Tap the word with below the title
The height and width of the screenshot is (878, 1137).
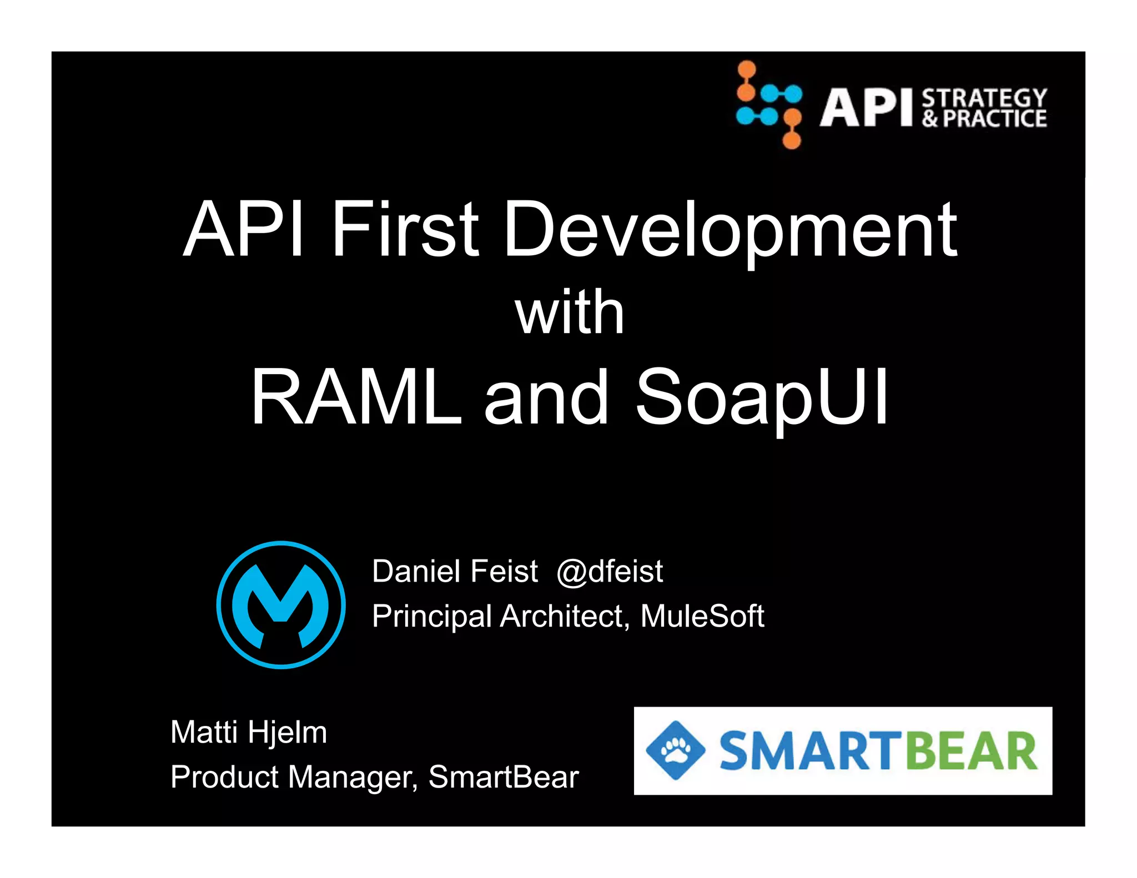tap(570, 313)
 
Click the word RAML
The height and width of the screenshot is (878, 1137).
tap(356, 397)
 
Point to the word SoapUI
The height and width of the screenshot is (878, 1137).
tap(762, 397)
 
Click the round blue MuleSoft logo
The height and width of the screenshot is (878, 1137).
tap(281, 605)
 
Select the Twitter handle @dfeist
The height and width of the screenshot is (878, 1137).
tap(610, 571)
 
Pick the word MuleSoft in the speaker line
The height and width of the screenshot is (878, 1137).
tap(702, 616)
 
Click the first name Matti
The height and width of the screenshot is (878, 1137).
tap(204, 732)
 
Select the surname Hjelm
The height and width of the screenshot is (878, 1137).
tap(288, 732)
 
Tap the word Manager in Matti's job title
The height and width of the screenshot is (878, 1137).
tap(353, 776)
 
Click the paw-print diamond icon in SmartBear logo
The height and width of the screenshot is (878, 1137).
tap(675, 750)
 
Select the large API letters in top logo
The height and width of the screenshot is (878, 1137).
tap(866, 108)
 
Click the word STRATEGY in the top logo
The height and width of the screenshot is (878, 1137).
tap(984, 98)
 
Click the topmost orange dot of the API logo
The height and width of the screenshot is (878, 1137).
tap(747, 69)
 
